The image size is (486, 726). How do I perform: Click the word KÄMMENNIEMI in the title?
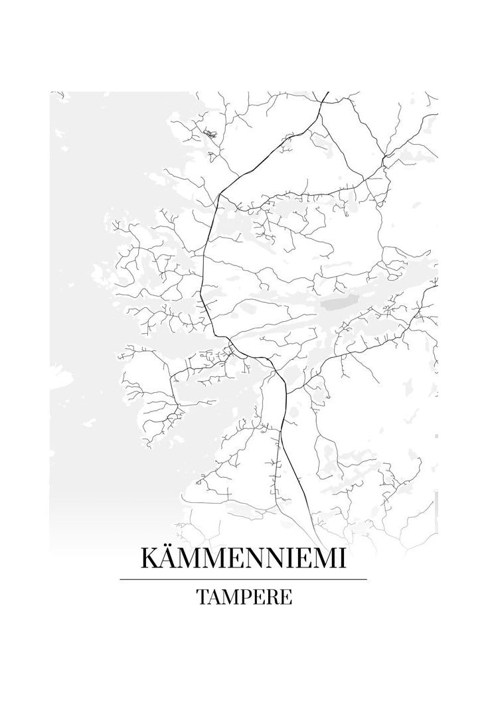[243, 559]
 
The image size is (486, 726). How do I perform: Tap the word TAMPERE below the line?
[243, 597]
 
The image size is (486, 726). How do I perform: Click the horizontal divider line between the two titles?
[243, 579]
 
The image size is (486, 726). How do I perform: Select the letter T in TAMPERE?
[201, 597]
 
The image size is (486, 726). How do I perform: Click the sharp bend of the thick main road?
[220, 193]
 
